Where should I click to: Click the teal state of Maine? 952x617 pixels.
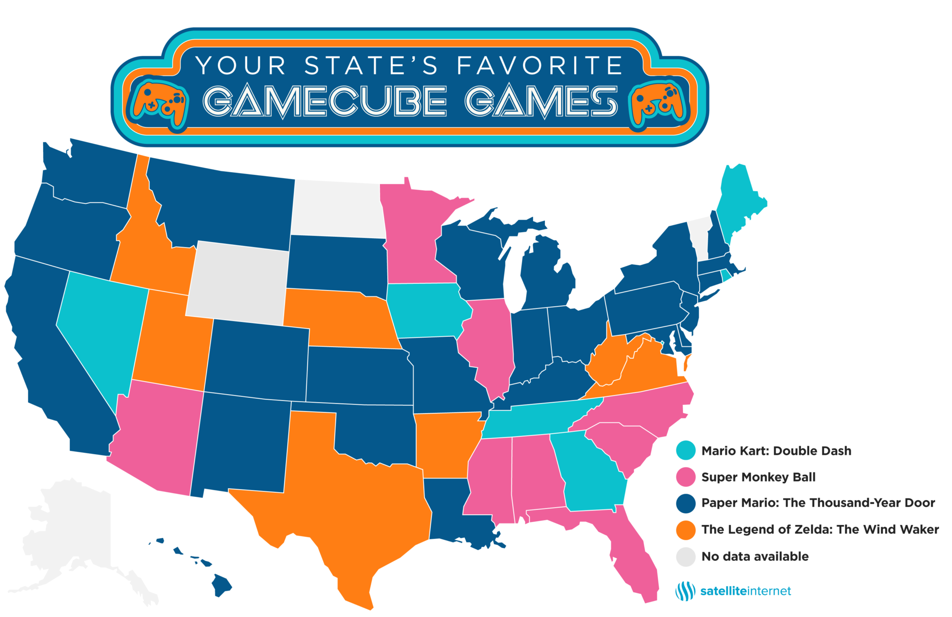tap(739, 200)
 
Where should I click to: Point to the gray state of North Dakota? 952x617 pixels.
tap(337, 209)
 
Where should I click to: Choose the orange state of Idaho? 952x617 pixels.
tap(149, 251)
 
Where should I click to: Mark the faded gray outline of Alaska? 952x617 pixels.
tap(70, 535)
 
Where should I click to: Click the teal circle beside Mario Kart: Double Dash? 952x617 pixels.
tap(686, 450)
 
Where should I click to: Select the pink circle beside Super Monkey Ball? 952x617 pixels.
tap(686, 477)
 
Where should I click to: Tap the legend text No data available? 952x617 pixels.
tap(755, 557)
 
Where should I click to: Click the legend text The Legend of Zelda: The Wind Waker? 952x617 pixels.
tap(820, 530)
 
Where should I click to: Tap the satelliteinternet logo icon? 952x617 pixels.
tap(685, 591)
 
